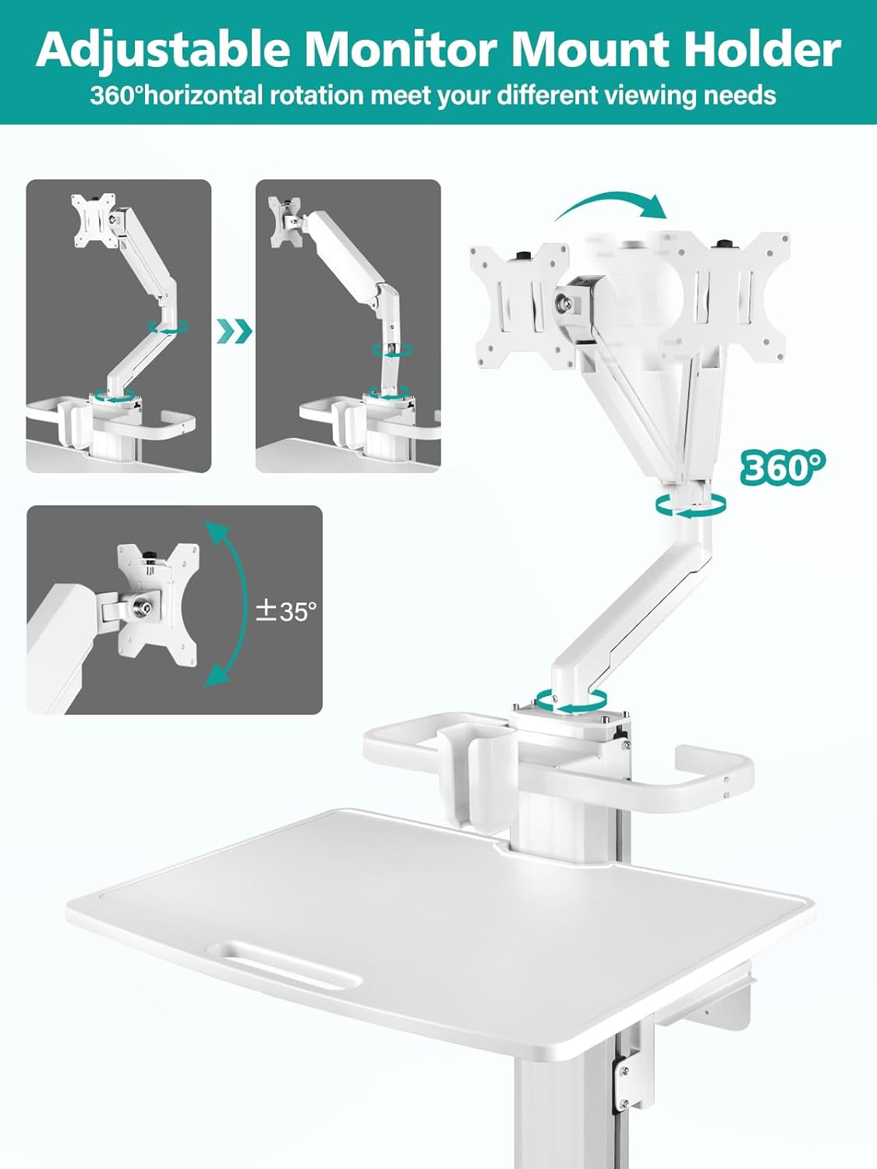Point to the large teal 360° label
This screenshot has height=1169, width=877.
point(782,467)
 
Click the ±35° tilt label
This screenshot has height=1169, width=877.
point(287,611)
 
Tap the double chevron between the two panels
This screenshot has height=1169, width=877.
point(234,331)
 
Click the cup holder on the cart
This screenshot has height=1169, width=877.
point(466,772)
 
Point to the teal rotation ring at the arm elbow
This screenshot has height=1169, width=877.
point(691,504)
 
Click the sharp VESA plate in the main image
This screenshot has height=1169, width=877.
point(519,304)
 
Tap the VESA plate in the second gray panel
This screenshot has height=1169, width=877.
point(286,221)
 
